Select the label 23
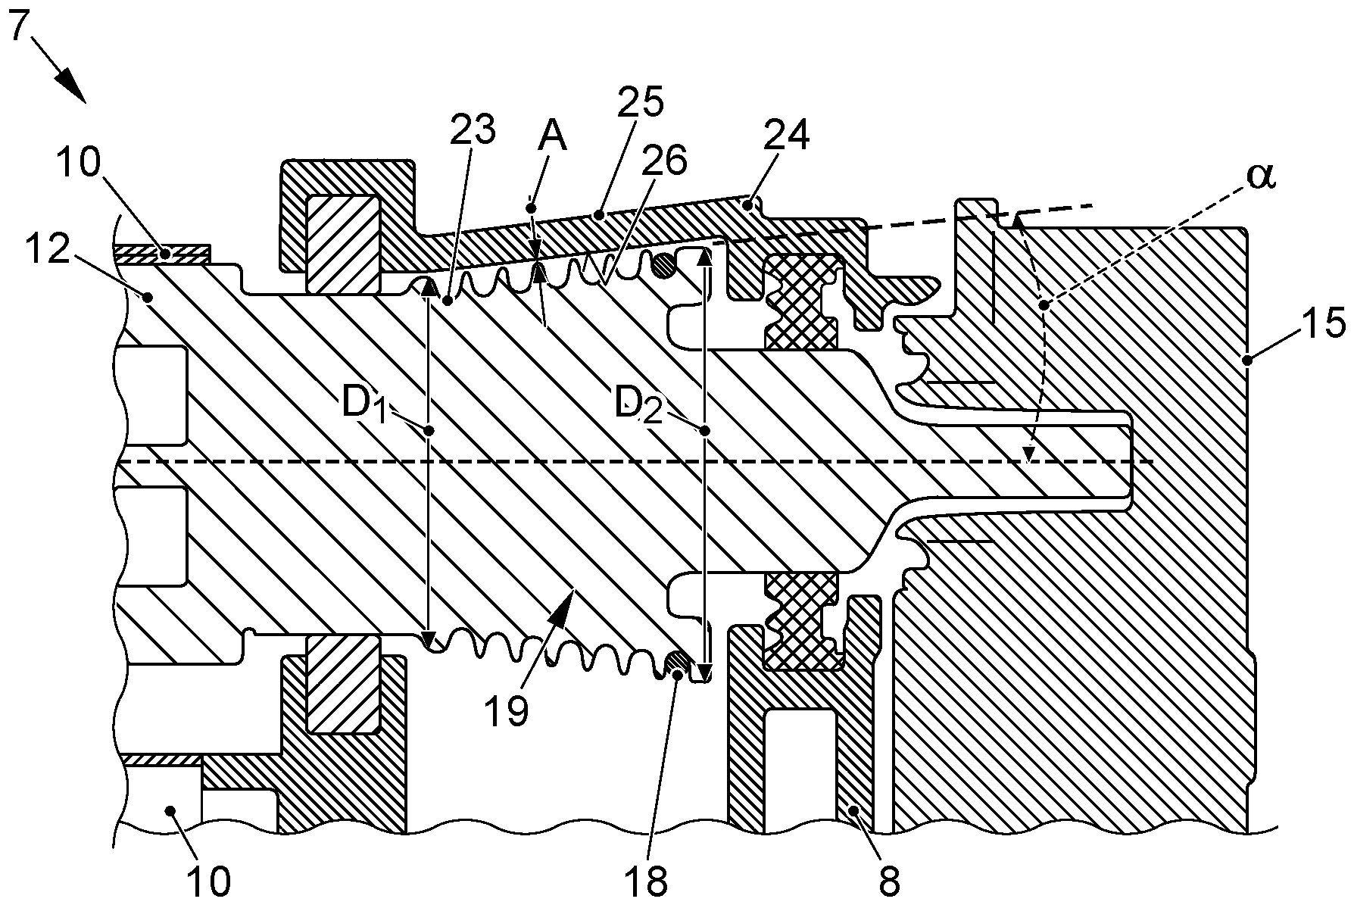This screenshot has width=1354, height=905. click(473, 130)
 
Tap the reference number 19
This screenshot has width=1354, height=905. click(507, 712)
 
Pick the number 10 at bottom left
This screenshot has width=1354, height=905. click(207, 881)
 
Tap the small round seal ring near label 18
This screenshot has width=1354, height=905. click(677, 664)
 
